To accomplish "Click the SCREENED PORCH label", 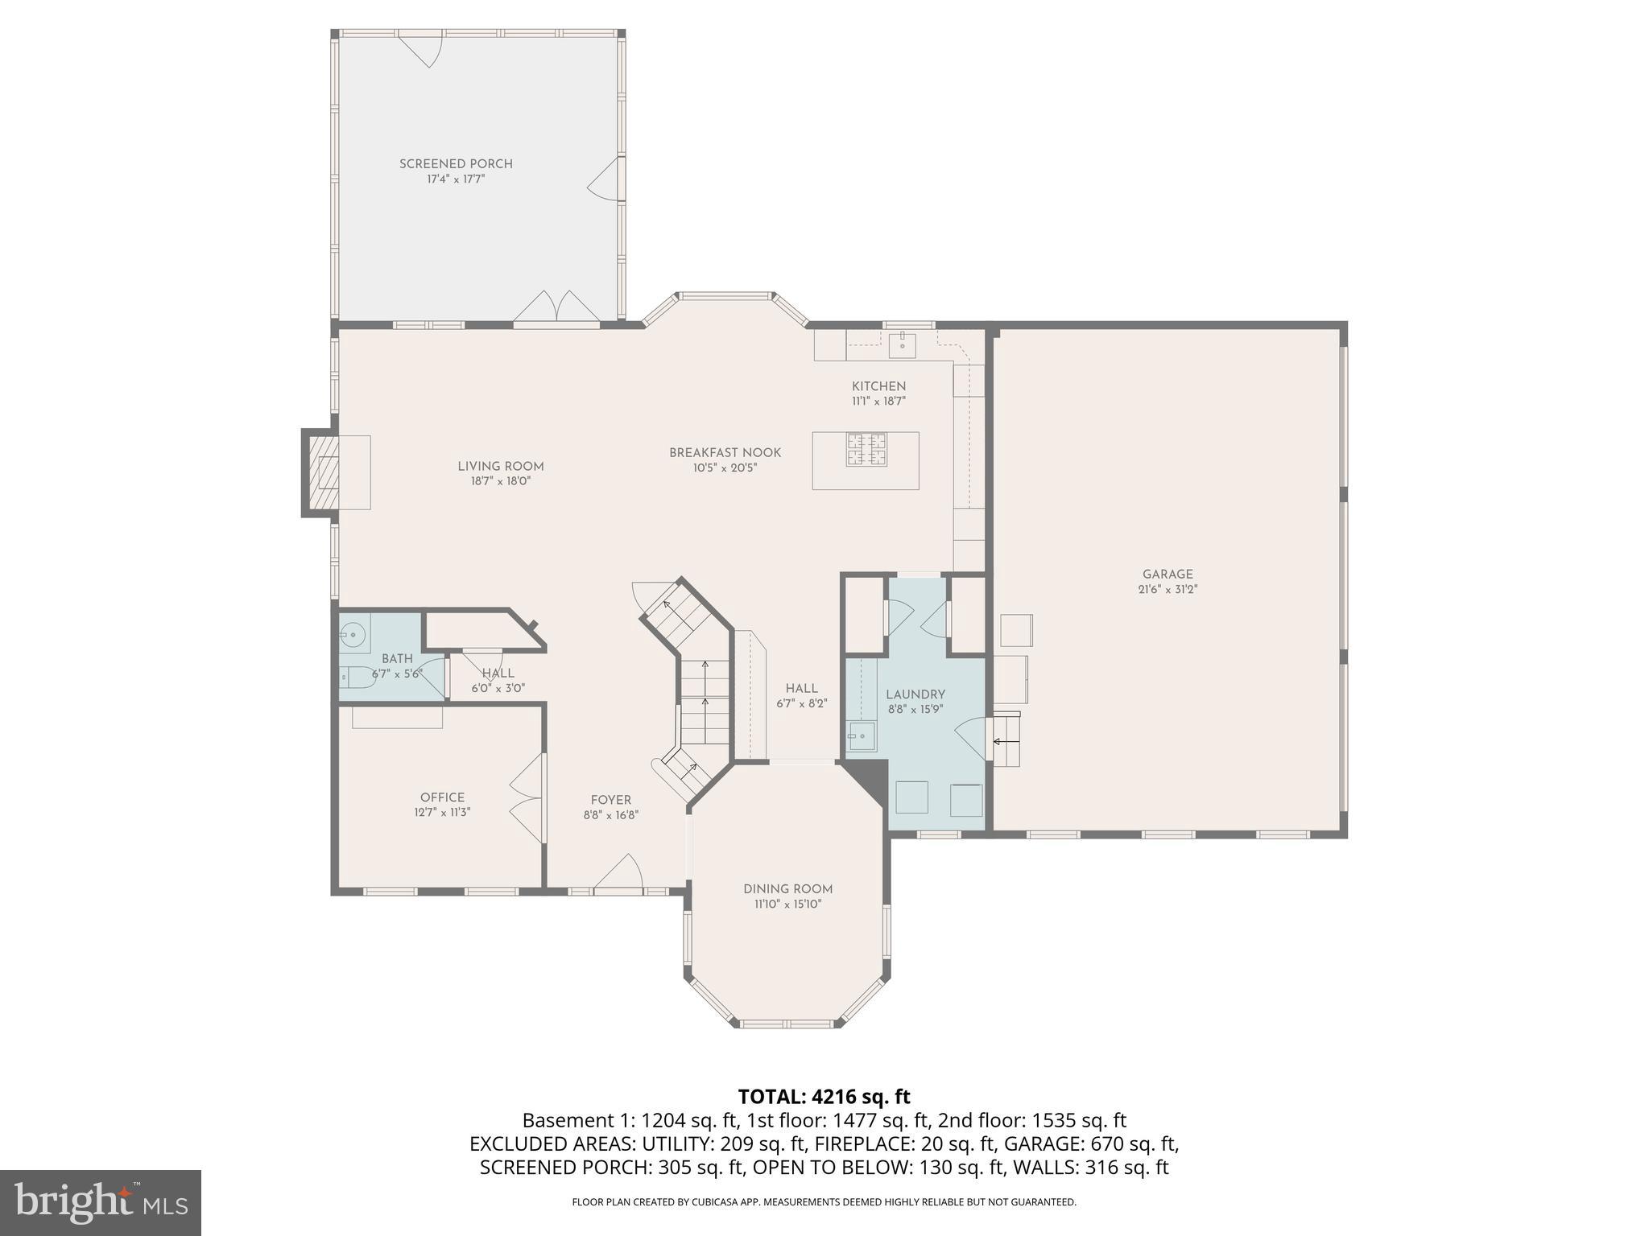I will coord(456,163).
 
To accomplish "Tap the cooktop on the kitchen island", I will coord(866,449).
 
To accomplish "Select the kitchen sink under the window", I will coord(902,344).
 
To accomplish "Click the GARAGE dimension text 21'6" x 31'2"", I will coord(1168,589).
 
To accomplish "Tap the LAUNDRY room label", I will coord(915,694).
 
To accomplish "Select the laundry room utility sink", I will coord(862,735).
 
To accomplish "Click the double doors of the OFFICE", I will coord(527,798).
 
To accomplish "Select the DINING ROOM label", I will coord(787,889).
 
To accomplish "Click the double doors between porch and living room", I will coord(556,309).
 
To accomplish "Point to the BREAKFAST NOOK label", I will coord(725,453).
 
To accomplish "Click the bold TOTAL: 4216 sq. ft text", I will coord(824,1097).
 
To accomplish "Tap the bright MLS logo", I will coord(101,1202).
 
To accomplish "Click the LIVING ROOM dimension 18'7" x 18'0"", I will coord(501,481).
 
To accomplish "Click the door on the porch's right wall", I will coord(605,180).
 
